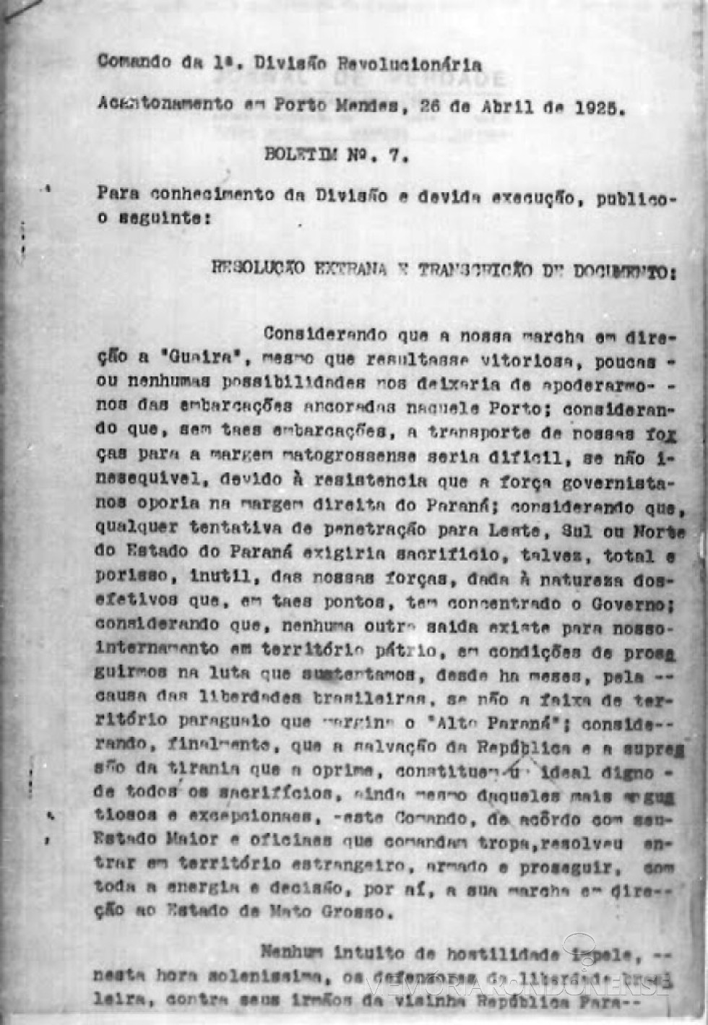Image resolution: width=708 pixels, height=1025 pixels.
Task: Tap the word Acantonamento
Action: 165,104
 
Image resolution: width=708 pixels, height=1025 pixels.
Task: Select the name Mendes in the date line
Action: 366,106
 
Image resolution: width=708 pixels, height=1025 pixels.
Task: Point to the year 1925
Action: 596,108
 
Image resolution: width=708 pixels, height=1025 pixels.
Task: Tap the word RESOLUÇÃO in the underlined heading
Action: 258,268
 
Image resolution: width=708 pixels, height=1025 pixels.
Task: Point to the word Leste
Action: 514,531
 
